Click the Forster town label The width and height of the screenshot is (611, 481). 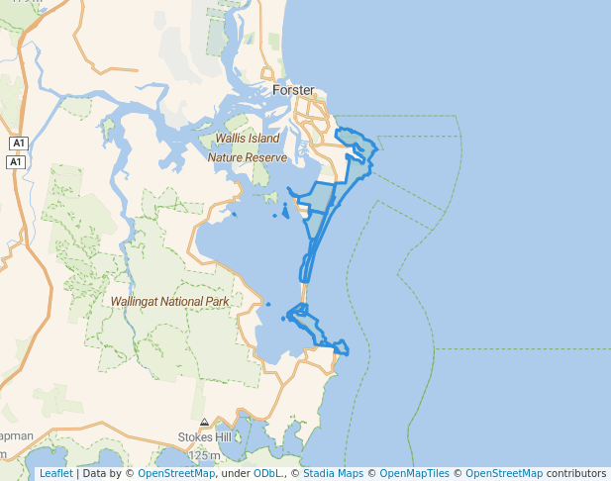coord(292,90)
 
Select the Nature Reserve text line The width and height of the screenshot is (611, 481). coord(247,157)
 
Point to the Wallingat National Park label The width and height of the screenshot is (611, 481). coord(170,301)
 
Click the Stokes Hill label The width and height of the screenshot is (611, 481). coord(204,436)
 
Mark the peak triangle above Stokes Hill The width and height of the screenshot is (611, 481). coord(204,422)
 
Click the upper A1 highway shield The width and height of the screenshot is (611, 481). coord(17,144)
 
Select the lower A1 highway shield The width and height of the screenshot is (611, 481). coord(17,161)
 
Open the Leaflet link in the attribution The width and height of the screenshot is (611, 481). coord(55,474)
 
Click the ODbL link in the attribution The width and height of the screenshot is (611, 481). coord(266,474)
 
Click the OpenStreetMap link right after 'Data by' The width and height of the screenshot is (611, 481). coord(176,474)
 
